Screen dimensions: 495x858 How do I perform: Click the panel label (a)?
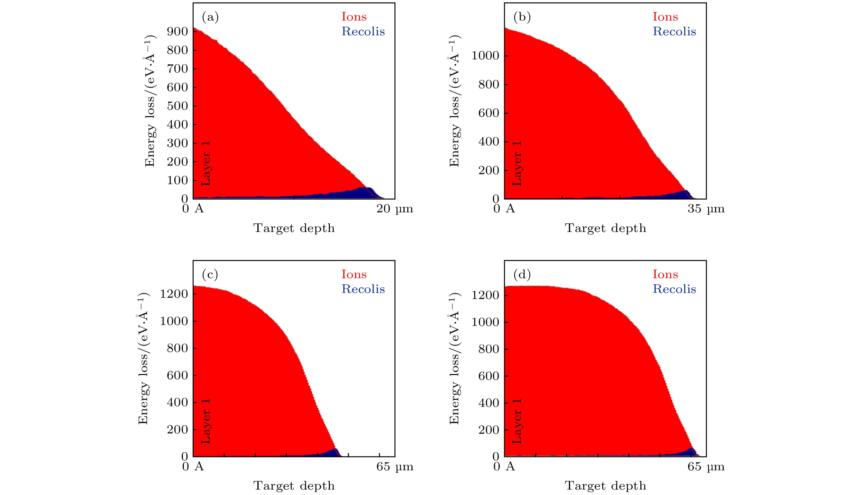[x=210, y=17]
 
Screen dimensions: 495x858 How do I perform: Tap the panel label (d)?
[x=522, y=274]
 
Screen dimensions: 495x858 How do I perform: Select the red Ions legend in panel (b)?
[x=665, y=17]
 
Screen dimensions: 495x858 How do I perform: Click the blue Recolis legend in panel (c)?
[x=363, y=289]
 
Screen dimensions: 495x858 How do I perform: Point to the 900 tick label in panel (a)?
[x=177, y=32]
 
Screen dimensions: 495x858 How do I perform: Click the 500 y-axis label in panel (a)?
[x=177, y=106]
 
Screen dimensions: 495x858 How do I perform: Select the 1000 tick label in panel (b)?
[x=485, y=56]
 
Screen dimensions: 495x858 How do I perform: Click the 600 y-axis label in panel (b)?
[x=489, y=113]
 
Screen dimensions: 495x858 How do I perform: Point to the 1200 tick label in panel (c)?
[x=174, y=294]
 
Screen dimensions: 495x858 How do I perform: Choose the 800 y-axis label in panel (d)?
[x=489, y=349]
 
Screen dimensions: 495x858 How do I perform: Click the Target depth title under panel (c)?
[x=294, y=485]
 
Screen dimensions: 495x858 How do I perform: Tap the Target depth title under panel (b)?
[x=605, y=228]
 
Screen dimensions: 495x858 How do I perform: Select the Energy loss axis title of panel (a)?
[x=150, y=101]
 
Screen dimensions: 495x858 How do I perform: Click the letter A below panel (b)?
[x=510, y=209]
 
